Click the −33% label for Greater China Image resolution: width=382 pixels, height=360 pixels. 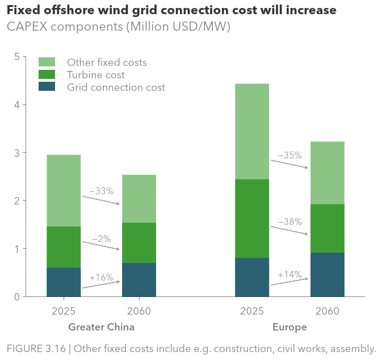102,191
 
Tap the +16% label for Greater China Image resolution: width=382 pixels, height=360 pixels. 102,278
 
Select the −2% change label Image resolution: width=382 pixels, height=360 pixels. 101,239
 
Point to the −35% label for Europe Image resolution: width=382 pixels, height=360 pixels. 289,155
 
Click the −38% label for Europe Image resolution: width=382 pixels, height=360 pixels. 289,222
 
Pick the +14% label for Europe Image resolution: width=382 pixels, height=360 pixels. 289,274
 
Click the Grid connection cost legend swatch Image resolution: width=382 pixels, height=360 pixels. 47,87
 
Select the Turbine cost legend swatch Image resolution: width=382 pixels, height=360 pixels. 47,74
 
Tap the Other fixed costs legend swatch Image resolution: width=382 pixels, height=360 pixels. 47,62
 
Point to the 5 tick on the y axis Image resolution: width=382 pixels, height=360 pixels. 17,57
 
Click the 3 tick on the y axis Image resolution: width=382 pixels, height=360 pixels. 17,153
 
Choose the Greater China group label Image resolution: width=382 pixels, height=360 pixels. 101,328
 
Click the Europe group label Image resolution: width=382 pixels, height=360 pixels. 289,328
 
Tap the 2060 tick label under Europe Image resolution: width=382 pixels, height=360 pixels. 327,311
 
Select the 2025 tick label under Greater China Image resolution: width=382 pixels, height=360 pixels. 64,311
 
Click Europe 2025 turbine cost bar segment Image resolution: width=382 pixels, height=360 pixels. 252,219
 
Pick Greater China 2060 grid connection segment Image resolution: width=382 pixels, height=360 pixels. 139,279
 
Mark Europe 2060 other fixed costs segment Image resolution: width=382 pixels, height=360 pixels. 327,173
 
